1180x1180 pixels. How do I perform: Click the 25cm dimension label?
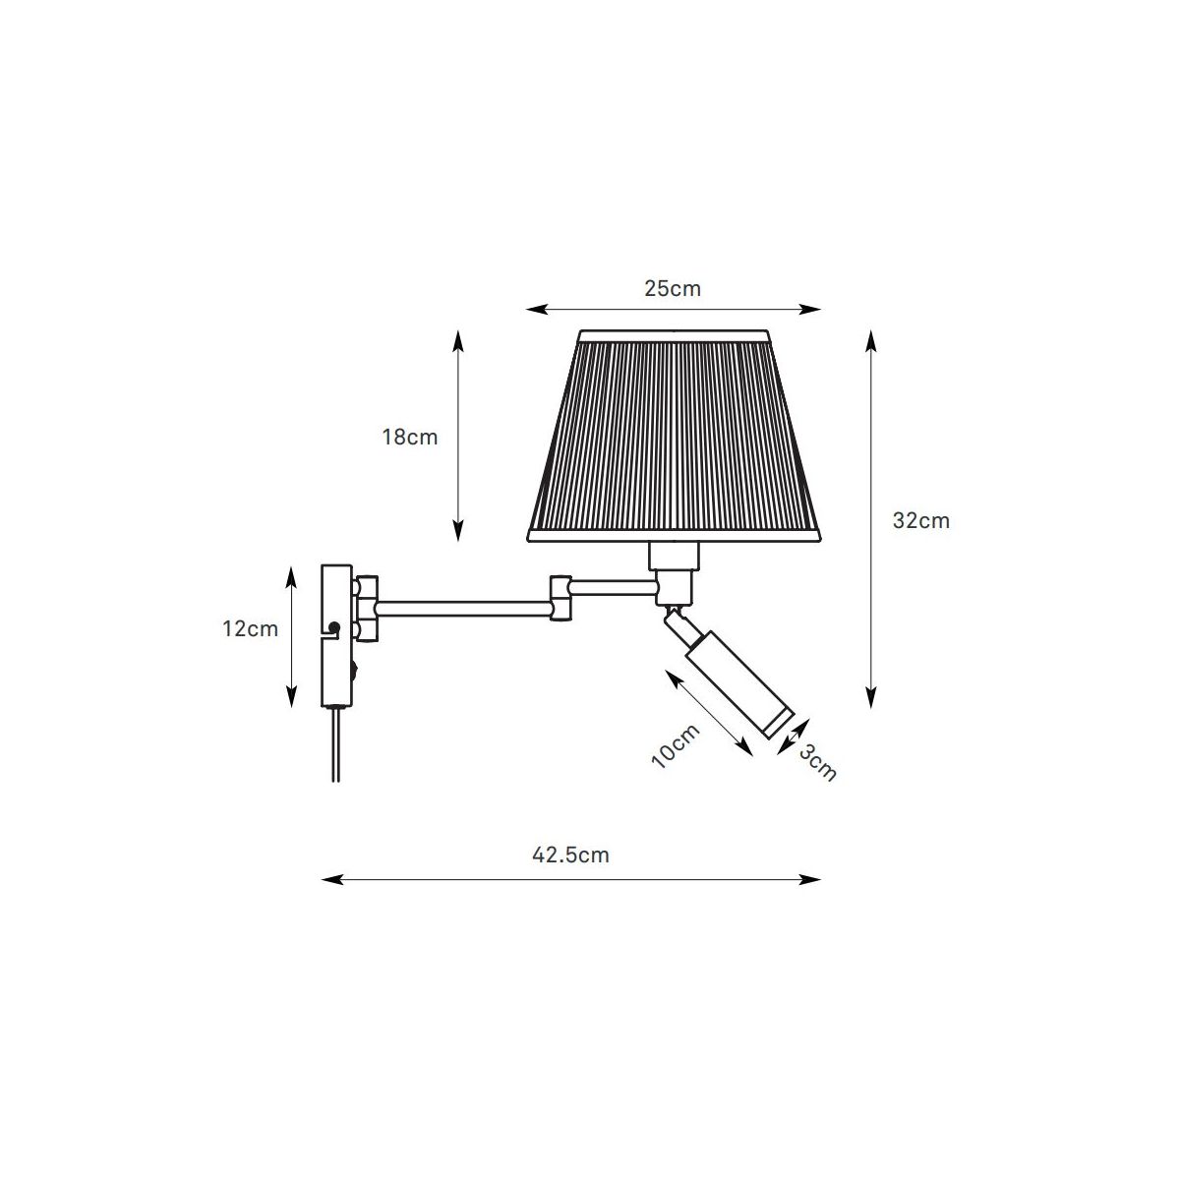click(x=673, y=288)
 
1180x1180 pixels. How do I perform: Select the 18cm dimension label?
click(x=410, y=438)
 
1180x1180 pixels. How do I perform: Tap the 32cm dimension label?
click(x=921, y=520)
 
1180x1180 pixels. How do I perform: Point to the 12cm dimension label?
click(x=250, y=629)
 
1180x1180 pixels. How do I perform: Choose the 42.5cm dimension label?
click(x=570, y=855)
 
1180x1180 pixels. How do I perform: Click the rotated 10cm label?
click(x=676, y=746)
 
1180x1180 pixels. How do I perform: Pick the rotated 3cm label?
click(x=817, y=763)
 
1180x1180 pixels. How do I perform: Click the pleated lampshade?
click(x=674, y=436)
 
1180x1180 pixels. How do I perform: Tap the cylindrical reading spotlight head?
click(x=739, y=684)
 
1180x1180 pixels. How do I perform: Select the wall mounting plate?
click(x=336, y=636)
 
